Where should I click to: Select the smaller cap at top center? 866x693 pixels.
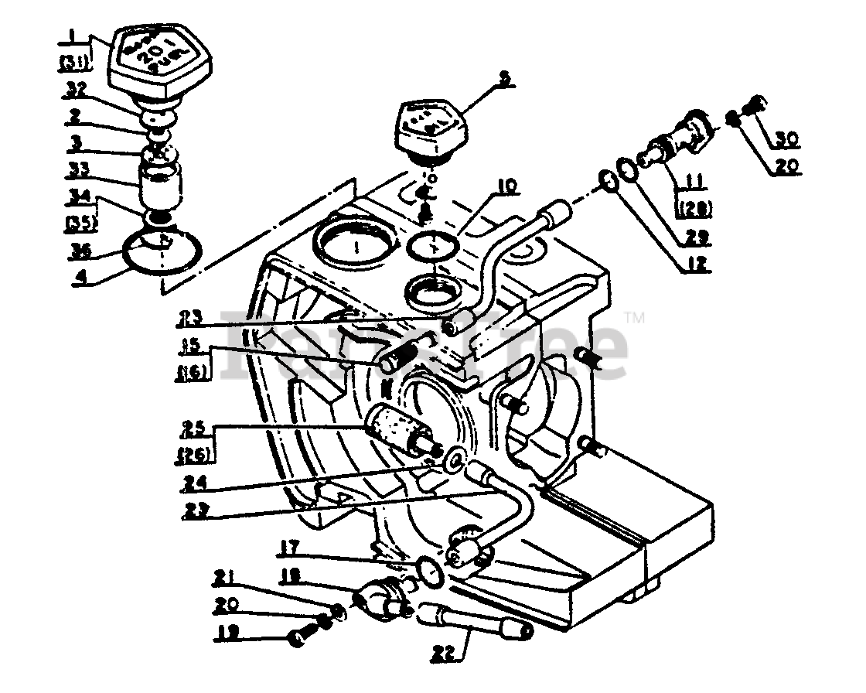click(x=424, y=127)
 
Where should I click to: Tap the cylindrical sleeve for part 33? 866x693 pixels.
click(x=161, y=183)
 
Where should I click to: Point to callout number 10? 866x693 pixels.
click(x=506, y=187)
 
